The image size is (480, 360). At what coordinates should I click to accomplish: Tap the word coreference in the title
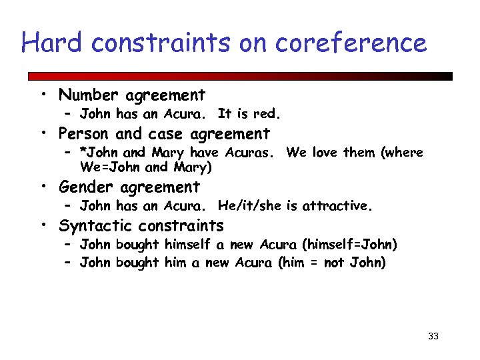pyautogui.click(x=349, y=43)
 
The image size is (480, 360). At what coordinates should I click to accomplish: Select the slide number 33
pyautogui.click(x=433, y=336)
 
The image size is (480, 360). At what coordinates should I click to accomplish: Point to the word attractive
pyautogui.click(x=337, y=206)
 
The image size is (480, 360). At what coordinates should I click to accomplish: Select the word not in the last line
pyautogui.click(x=333, y=263)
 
